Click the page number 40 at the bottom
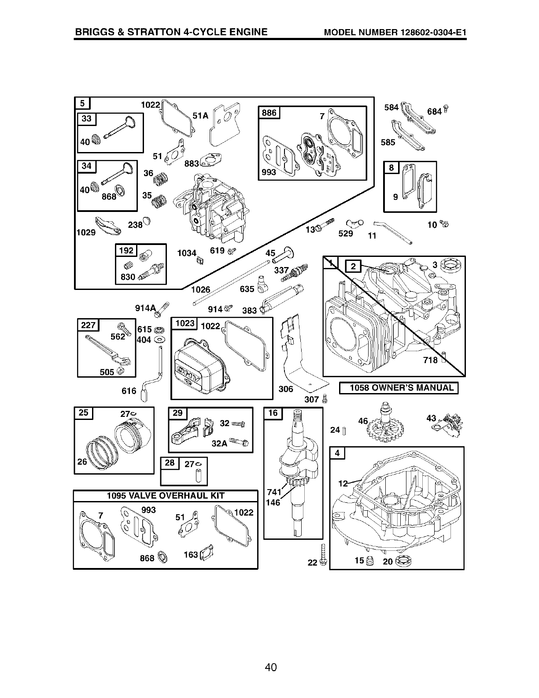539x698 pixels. [x=270, y=668]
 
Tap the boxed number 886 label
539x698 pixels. [x=269, y=113]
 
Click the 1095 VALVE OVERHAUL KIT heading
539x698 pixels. [x=165, y=495]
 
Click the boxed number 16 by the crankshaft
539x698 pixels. [x=273, y=412]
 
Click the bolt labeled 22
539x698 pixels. [x=324, y=556]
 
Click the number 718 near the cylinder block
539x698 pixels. [x=430, y=360]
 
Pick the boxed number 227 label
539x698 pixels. [x=89, y=325]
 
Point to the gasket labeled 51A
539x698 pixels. [x=225, y=124]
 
